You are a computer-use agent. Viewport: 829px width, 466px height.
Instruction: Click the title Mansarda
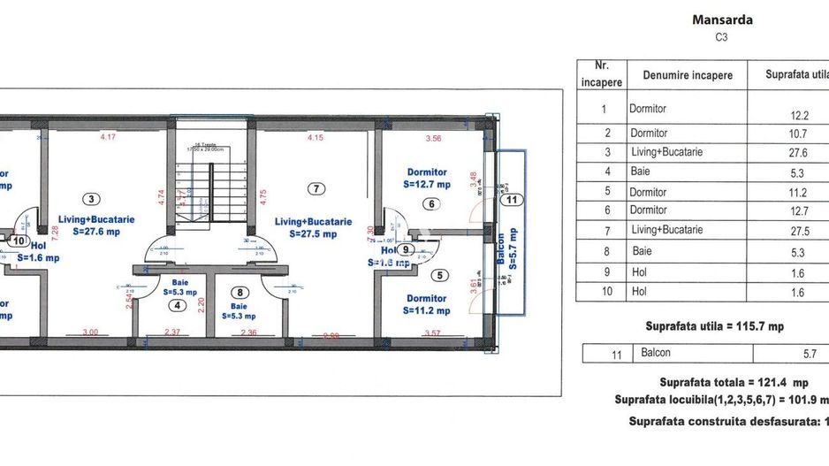[x=723, y=19]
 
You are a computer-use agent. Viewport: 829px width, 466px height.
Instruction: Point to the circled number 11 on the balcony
[x=511, y=200]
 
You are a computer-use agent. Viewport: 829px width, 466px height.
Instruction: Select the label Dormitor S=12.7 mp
[x=427, y=179]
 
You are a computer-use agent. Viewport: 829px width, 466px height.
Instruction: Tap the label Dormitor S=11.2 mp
[x=427, y=305]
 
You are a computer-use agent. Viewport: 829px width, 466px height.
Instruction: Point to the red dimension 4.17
[x=108, y=137]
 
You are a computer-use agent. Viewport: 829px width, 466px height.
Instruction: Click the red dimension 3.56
[x=433, y=138]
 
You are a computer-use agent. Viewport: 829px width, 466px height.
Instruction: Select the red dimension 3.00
[x=90, y=332]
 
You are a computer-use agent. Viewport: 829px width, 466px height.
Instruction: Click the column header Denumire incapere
[x=688, y=75]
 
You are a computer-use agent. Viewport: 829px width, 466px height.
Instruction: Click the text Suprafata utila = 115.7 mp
[x=715, y=325]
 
